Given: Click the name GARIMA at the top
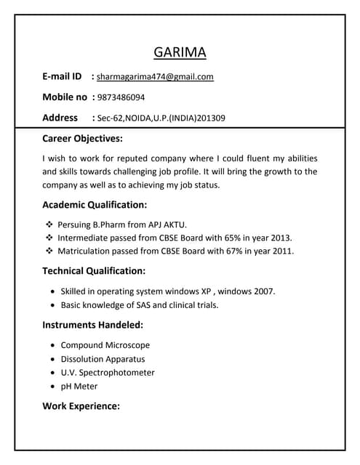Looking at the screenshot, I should point(180,52).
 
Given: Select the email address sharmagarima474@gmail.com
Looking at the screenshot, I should point(155,76).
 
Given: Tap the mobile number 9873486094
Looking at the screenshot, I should point(121,97).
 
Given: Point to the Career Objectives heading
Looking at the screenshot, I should point(82,138).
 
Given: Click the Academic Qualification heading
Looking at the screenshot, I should point(95,205).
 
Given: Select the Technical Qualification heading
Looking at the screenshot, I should point(94,271).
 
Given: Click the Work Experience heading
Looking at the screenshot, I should point(81,406).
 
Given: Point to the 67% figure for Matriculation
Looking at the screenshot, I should point(228,251).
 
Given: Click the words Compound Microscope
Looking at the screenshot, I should point(105,345).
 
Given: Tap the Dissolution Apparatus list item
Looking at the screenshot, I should point(103,359).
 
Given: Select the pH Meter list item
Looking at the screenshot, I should point(79,387).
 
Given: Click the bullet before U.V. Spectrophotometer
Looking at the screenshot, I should point(54,373).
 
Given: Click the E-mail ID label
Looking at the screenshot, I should point(63,76).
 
